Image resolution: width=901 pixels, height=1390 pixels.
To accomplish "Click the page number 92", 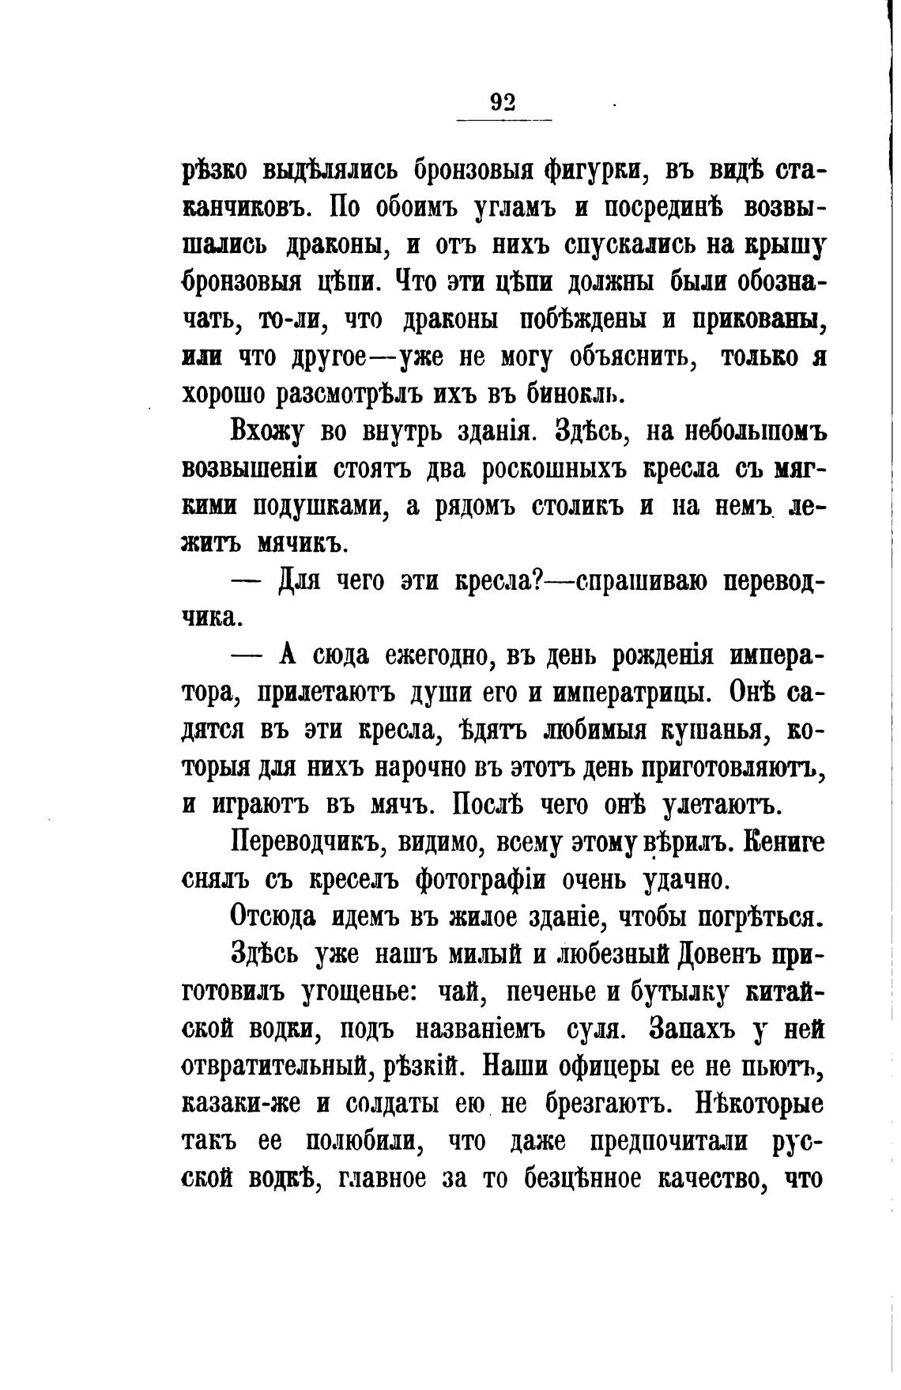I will [x=503, y=101].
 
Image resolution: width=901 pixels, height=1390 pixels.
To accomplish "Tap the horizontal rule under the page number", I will [x=504, y=120].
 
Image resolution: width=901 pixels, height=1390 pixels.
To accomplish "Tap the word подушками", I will [x=319, y=507].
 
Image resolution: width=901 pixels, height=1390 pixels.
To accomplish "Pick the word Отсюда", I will [x=273, y=917].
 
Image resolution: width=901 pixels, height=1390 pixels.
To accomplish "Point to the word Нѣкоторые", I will [x=748, y=1104].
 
